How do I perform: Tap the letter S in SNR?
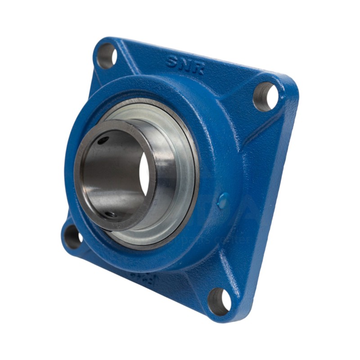click(x=173, y=61)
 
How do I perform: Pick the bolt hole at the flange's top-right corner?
click(x=265, y=96)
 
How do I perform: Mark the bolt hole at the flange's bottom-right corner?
click(x=219, y=301)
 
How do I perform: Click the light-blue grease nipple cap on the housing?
click(x=222, y=201)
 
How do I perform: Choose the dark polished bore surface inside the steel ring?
click(x=112, y=175)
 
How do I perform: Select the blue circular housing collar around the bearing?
click(x=207, y=135)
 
